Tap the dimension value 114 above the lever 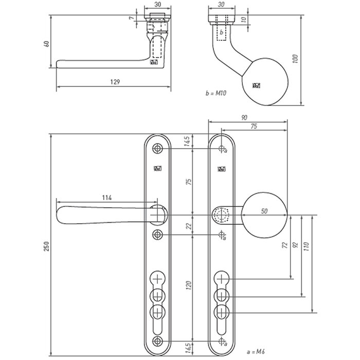(x=107, y=198)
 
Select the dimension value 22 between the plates (x=188, y=225)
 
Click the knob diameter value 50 (x=264, y=211)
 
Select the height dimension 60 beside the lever (x=47, y=45)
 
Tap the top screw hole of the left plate (x=157, y=149)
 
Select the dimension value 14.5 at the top (x=188, y=141)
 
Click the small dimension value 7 (x=133, y=19)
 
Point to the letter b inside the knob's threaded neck (x=221, y=31)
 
